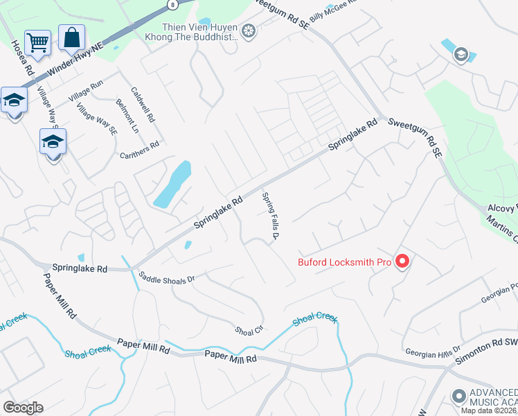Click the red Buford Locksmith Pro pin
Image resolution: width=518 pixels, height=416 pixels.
click(402, 261)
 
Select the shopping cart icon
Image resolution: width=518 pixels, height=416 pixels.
click(37, 42)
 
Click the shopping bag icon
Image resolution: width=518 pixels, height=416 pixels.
click(72, 37)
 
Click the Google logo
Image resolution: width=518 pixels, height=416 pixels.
click(23, 408)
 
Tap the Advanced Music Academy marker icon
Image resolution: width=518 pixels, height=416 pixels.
click(458, 397)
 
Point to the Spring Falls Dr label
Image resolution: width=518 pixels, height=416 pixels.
click(269, 216)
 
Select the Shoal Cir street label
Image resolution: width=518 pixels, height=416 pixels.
click(250, 329)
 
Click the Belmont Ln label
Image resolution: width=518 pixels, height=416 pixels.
click(128, 116)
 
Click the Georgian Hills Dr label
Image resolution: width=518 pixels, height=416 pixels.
click(433, 351)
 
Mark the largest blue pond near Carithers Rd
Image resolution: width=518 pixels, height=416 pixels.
click(173, 184)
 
